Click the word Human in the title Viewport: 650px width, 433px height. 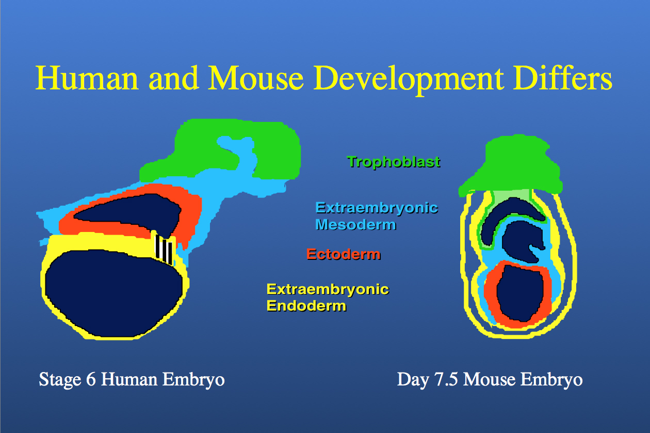point(87,78)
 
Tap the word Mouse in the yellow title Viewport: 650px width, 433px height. point(256,78)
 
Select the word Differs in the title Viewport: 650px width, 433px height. point(563,78)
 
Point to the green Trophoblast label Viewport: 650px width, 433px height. point(394,162)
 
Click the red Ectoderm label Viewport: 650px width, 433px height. point(343,254)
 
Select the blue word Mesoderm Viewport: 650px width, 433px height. point(356,225)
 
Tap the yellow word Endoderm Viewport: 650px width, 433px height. point(306,306)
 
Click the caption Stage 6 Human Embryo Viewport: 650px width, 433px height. point(132,380)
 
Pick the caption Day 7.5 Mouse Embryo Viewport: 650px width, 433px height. point(490,380)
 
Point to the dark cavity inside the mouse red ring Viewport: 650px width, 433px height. point(520,293)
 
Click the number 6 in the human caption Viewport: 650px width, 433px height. point(91,379)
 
